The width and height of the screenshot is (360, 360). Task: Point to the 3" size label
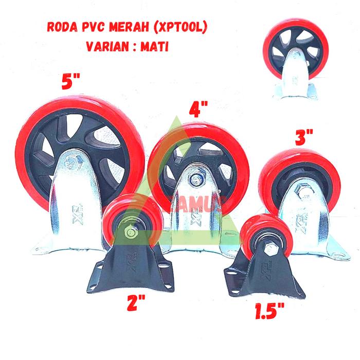coord(304,136)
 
